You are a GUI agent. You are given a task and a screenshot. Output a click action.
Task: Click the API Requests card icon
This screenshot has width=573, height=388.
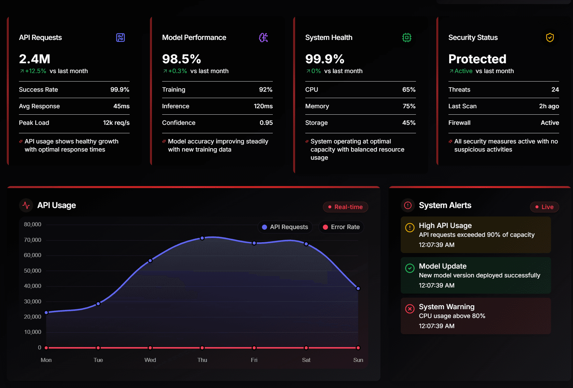pyautogui.click(x=120, y=38)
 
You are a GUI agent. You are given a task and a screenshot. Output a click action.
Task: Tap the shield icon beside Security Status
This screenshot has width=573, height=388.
pyautogui.click(x=550, y=38)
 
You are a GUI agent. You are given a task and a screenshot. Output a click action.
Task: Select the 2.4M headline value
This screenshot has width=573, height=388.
pyautogui.click(x=35, y=59)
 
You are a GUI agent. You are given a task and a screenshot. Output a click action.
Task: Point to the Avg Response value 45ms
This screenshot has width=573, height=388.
pyautogui.click(x=121, y=106)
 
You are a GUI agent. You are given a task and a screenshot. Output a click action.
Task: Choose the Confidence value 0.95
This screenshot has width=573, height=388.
pyautogui.click(x=266, y=123)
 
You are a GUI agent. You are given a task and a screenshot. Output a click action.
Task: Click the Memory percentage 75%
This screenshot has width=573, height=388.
pyautogui.click(x=409, y=106)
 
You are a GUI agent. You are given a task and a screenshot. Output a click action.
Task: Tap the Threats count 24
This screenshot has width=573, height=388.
pyautogui.click(x=555, y=90)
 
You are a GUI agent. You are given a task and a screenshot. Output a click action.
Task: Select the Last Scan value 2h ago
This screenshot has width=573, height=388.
pyautogui.click(x=549, y=106)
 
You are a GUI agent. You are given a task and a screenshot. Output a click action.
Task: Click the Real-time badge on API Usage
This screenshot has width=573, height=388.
pyautogui.click(x=345, y=207)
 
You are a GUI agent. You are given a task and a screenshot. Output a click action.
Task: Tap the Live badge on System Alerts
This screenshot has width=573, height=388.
pyautogui.click(x=544, y=207)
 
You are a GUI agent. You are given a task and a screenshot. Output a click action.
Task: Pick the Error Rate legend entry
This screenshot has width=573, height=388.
pyautogui.click(x=341, y=227)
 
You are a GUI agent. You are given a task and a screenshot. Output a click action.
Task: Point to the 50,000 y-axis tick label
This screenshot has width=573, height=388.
pyautogui.click(x=32, y=271)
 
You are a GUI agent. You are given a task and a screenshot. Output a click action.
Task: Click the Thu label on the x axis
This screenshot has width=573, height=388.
pyautogui.click(x=202, y=360)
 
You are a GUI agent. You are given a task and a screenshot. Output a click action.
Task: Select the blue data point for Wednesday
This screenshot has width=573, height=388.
pyautogui.click(x=150, y=261)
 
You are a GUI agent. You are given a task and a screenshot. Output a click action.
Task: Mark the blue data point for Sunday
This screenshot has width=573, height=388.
pyautogui.click(x=358, y=289)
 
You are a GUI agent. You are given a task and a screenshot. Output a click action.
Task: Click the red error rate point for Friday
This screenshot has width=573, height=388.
pyautogui.click(x=254, y=348)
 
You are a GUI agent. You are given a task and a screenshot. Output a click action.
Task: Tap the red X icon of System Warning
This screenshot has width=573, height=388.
pyautogui.click(x=410, y=309)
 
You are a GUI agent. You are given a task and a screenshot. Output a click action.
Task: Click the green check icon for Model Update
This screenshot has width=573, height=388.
pyautogui.click(x=410, y=268)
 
